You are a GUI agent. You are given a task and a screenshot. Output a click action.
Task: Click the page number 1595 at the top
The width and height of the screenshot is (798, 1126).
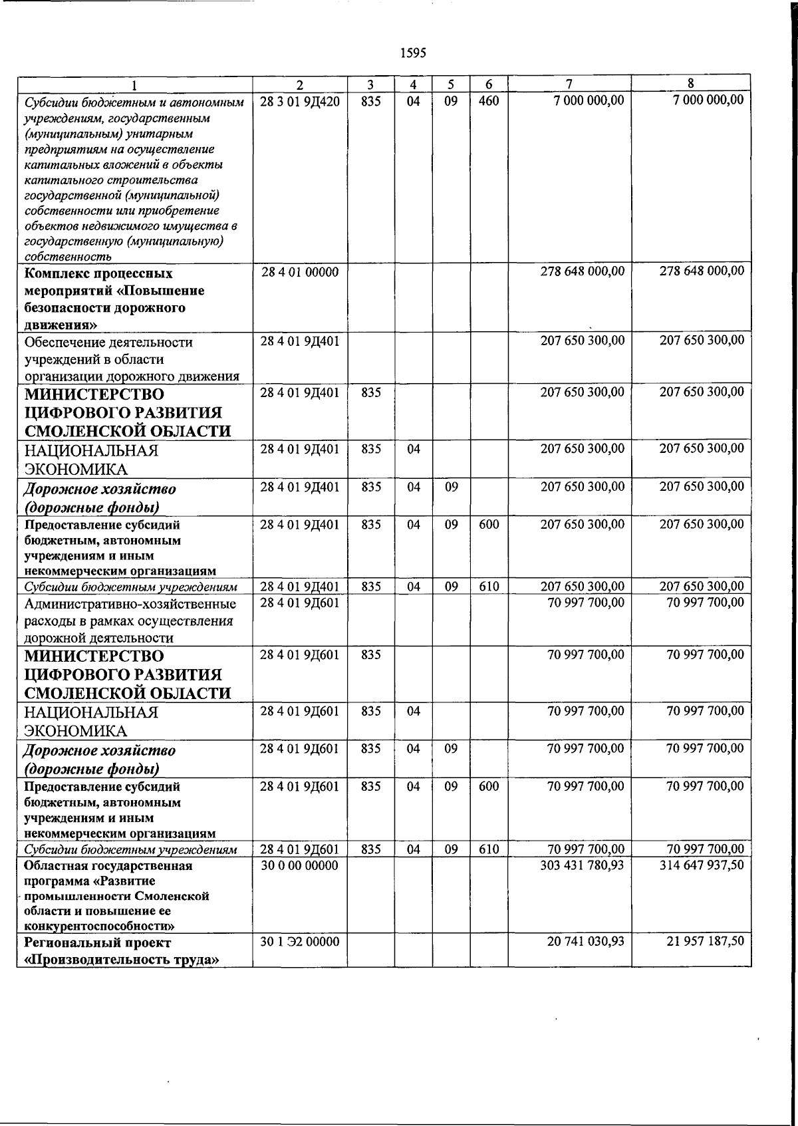coord(413,53)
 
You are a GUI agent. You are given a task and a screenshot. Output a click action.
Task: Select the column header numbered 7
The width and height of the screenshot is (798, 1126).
coord(569,84)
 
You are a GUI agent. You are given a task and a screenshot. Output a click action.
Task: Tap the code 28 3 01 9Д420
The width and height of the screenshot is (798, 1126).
coord(300,100)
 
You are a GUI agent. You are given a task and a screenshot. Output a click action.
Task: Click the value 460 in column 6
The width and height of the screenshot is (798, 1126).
coord(489,100)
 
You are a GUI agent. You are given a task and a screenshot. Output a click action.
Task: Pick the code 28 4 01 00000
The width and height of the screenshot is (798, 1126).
coord(300,271)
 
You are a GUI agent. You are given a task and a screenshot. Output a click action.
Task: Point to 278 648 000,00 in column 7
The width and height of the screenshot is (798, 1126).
coord(582,271)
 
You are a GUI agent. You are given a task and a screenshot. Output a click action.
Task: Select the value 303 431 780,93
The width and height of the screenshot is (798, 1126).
coord(582,865)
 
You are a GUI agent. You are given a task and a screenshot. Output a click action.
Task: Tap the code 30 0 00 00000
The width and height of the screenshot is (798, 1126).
coord(300,865)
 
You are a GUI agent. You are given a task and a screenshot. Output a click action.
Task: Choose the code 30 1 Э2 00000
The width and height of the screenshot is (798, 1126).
coord(300,942)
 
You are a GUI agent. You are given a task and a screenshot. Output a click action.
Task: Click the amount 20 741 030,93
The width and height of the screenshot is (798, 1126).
coord(585,942)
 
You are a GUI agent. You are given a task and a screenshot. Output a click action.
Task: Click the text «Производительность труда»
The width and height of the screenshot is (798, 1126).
coord(122,960)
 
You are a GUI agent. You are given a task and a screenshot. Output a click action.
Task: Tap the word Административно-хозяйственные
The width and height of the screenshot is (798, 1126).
coord(130,604)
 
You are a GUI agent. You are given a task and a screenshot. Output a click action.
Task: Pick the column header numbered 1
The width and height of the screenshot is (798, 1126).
coord(135,84)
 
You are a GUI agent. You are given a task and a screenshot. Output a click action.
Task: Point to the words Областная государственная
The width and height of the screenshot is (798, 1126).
coord(108,865)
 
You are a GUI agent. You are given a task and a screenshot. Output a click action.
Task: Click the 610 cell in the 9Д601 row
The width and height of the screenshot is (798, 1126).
coord(489,849)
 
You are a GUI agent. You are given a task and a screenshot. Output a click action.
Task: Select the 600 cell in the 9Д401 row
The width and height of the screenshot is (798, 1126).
coord(489,524)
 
